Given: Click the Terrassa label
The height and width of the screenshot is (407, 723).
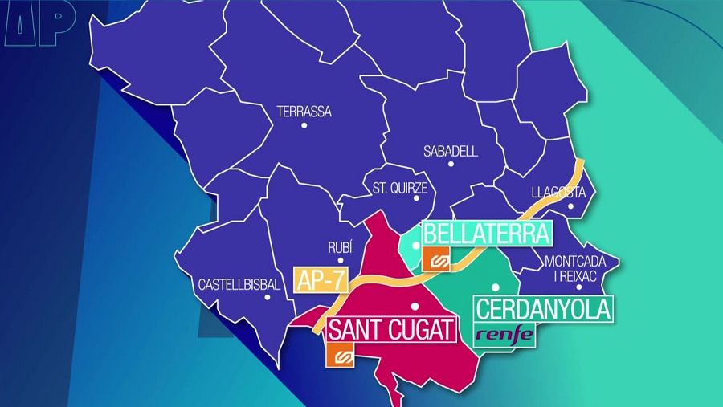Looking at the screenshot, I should click(x=304, y=112).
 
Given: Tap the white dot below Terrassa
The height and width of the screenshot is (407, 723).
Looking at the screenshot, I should click(x=304, y=126).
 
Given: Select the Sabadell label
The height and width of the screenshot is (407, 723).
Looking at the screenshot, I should click(x=451, y=151).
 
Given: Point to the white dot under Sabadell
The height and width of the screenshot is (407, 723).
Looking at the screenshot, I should click(x=451, y=164).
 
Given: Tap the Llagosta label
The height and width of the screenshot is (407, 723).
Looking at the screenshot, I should click(x=561, y=192).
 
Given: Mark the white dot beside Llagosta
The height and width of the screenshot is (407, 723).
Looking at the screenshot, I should click(x=571, y=206).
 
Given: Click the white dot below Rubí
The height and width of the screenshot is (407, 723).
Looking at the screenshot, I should click(x=341, y=261).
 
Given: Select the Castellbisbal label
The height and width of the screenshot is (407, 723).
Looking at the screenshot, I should click(x=239, y=285).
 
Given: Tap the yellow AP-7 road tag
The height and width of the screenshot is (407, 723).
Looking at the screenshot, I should click(x=320, y=279).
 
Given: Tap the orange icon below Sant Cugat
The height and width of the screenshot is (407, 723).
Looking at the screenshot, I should click(x=340, y=356).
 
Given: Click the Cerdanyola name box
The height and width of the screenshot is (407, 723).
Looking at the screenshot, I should click(x=544, y=309).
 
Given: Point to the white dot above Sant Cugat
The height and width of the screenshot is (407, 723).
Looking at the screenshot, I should click(x=415, y=306).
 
